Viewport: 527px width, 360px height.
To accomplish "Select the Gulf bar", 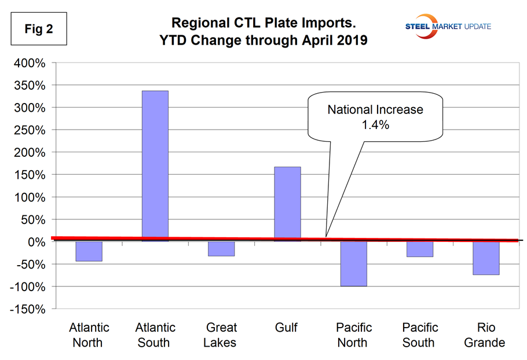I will coord(287,203).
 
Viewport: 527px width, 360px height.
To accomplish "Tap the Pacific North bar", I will coord(353,264).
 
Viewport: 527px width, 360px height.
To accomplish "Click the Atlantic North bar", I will coord(89,252).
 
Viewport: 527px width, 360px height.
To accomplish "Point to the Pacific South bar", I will coord(419,249).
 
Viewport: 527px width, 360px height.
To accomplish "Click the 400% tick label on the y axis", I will coord(29,63).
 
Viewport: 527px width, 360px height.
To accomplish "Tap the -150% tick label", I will coord(26,309).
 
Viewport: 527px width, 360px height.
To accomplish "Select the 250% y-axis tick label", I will coord(29,130).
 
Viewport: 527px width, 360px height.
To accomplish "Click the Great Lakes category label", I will coord(221,335).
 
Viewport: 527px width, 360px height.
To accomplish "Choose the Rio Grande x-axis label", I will coord(485,335).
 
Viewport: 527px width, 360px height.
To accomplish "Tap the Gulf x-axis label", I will coord(287,328).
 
